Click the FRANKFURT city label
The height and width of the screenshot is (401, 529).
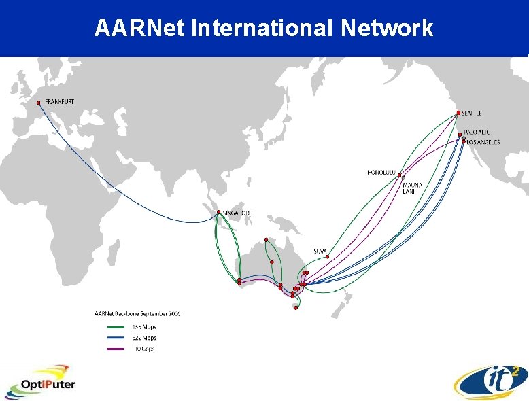tap(60, 102)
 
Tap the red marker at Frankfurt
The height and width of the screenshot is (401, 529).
tap(39, 103)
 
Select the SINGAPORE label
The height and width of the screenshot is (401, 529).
tap(238, 213)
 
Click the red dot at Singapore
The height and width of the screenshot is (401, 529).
tap(218, 213)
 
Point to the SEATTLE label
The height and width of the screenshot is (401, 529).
tap(472, 113)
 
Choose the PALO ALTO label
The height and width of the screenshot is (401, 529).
tap(477, 132)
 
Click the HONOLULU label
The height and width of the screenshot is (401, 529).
tap(381, 172)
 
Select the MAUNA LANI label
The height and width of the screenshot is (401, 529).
tap(413, 188)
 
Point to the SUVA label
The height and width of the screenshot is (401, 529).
tap(320, 251)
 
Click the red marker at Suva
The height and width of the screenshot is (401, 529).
tap(327, 257)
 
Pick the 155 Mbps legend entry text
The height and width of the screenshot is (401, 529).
tap(143, 326)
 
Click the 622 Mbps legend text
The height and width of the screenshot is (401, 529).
tap(143, 338)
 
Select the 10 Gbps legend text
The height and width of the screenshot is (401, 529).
tap(144, 349)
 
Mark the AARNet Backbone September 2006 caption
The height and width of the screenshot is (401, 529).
tap(137, 314)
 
